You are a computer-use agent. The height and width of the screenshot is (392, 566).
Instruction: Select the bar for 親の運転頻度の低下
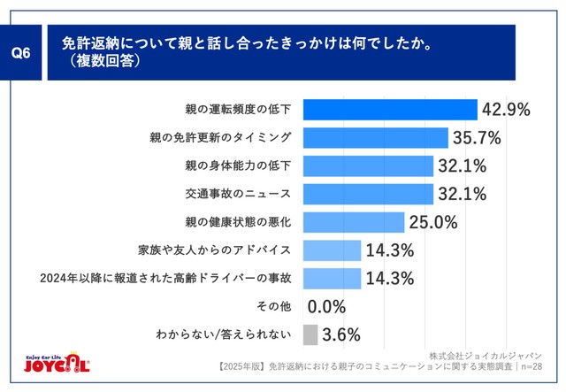pyautogui.click(x=390, y=109)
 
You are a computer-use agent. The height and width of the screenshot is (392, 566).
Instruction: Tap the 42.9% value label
pyautogui.click(x=506, y=109)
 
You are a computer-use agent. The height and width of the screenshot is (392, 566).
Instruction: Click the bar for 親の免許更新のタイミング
pyautogui.click(x=375, y=137)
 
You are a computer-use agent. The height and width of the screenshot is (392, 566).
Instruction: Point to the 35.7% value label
pyautogui.click(x=478, y=137)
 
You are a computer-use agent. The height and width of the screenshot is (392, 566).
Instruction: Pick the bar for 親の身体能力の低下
pyautogui.click(x=368, y=165)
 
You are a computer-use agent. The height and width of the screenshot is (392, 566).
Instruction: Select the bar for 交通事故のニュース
pyautogui.click(x=368, y=194)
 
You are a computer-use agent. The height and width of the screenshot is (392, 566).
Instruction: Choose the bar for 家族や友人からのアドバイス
pyautogui.click(x=333, y=250)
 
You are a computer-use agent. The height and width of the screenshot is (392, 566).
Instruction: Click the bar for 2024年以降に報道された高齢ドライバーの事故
pyautogui.click(x=333, y=279)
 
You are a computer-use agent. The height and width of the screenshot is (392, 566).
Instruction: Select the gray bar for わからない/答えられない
pyautogui.click(x=310, y=335)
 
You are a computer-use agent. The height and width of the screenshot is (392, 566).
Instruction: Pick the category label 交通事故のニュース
pyautogui.click(x=246, y=194)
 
